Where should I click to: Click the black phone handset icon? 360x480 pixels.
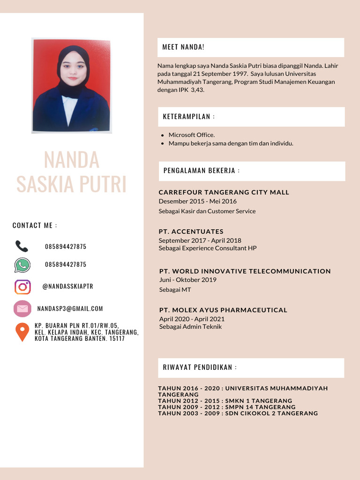coord(22,246)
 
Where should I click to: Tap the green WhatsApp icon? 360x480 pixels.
coord(22,265)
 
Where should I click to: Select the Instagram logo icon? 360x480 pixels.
coord(22,286)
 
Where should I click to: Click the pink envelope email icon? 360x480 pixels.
coord(22,308)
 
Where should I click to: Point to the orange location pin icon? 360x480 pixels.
coord(22,331)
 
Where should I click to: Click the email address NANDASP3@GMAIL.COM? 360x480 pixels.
coord(70,308)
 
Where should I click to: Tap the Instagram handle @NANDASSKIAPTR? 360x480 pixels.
coord(67,286)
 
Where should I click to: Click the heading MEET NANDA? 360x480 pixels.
coord(183,47)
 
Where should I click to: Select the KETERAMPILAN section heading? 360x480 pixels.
coord(189,117)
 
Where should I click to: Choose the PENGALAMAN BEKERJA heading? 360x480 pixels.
coord(202,171)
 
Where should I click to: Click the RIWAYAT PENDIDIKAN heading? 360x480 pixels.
coord(200,367)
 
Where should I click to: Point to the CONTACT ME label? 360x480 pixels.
coord(35,225)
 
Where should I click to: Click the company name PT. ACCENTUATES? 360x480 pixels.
coord(191,232)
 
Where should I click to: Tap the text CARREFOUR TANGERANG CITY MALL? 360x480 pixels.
coord(224,192)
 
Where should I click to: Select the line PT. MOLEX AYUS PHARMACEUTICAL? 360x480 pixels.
coord(223,310)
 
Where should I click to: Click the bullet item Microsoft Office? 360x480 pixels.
coord(192,135)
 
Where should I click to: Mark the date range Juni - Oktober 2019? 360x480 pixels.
coord(188,280)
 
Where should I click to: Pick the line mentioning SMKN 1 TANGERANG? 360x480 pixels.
coord(225,401)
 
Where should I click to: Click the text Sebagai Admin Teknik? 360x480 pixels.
coord(190,327)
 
